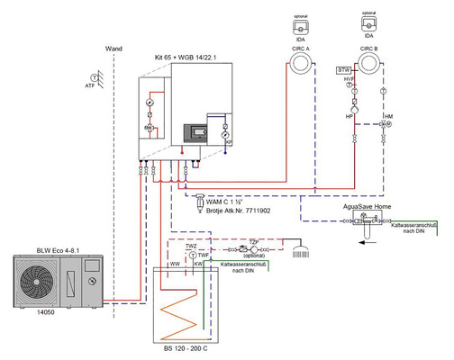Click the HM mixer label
click(389, 115)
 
